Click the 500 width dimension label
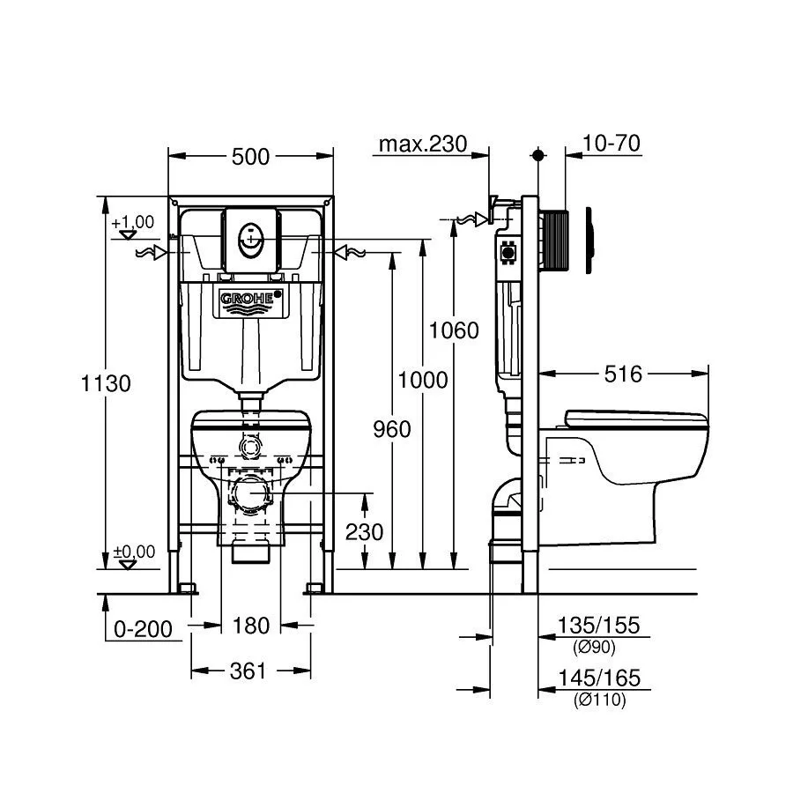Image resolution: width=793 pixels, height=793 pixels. (x=250, y=157)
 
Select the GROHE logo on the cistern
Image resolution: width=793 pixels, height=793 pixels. (x=251, y=300)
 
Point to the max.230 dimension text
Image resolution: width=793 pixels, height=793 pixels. (x=422, y=144)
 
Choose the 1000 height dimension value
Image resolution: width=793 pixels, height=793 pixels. (x=423, y=380)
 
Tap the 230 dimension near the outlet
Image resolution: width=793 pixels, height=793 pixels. (x=365, y=532)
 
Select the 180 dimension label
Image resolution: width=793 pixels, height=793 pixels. (x=250, y=626)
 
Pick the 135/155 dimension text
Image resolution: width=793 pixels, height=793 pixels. (x=598, y=626)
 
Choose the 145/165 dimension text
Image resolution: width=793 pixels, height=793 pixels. (x=598, y=679)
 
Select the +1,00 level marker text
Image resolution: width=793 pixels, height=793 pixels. (x=133, y=222)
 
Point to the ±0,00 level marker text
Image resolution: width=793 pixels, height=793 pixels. (x=134, y=552)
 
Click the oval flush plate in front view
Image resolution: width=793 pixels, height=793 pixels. (x=251, y=238)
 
